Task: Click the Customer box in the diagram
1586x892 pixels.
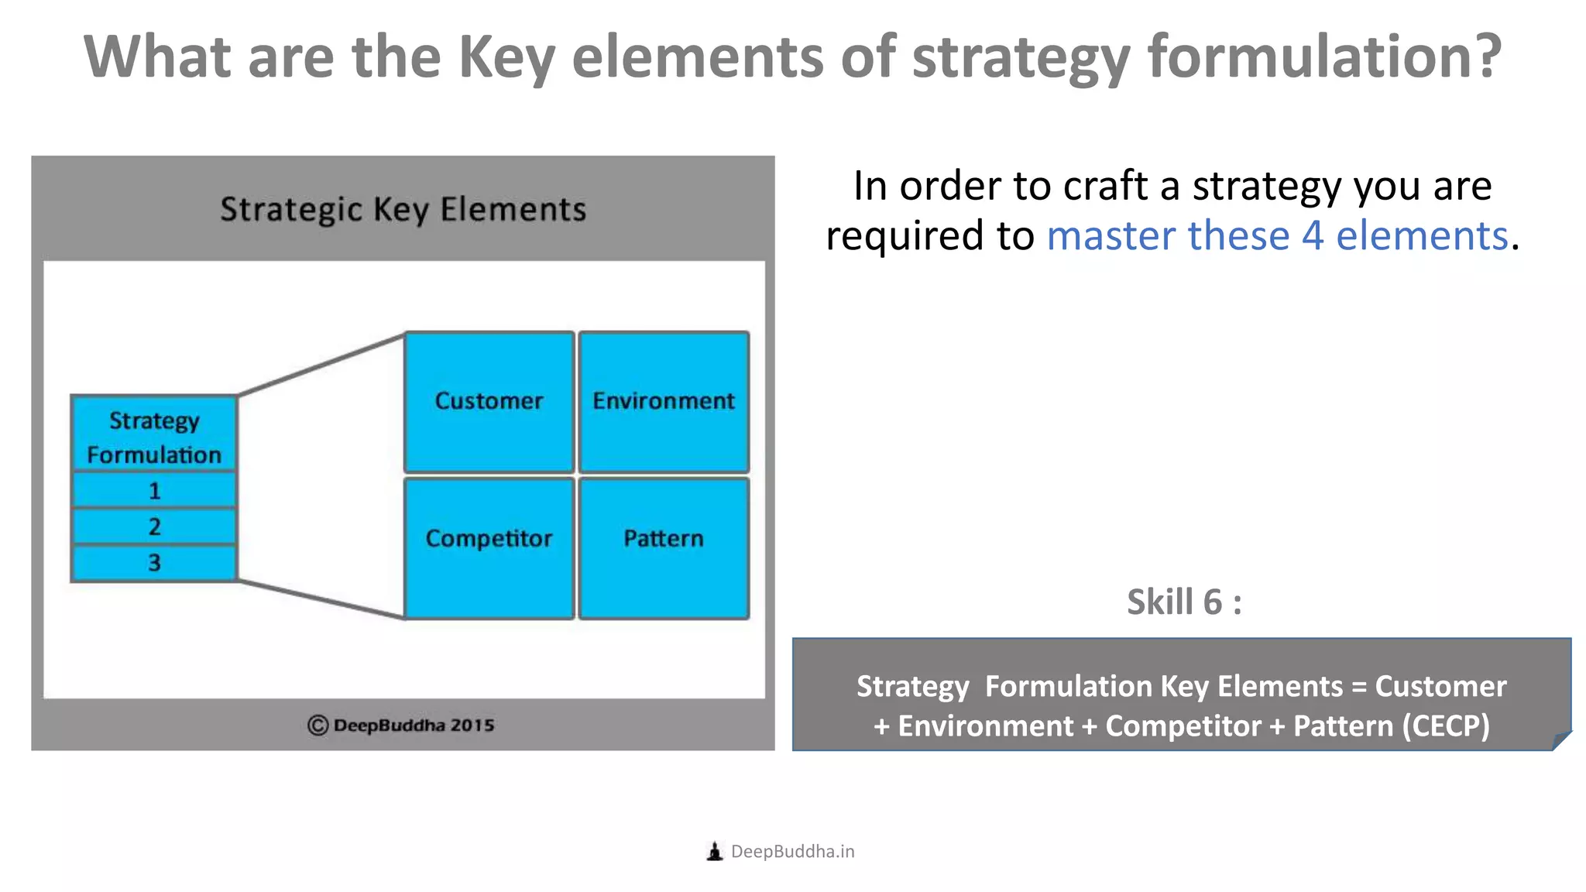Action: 489,401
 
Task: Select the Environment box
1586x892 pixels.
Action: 664,401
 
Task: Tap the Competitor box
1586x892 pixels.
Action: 489,547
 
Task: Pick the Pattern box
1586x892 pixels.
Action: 664,547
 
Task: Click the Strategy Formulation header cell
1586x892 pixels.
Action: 153,437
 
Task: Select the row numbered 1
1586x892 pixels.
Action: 153,490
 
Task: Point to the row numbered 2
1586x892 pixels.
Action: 153,527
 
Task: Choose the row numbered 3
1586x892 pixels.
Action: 153,563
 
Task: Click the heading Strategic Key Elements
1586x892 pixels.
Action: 403,210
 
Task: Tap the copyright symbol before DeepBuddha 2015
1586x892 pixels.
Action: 318,726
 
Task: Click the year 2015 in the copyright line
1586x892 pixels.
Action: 472,726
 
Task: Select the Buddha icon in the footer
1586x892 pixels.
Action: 715,852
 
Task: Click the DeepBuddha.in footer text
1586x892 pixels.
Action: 792,852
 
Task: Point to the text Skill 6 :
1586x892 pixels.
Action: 1184,602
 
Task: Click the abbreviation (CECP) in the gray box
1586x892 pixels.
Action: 1445,726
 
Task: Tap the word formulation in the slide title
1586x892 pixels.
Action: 1324,58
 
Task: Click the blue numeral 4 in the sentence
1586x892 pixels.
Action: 1312,235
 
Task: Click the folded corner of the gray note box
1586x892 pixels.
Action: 1562,741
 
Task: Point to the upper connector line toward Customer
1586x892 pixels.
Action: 321,365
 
